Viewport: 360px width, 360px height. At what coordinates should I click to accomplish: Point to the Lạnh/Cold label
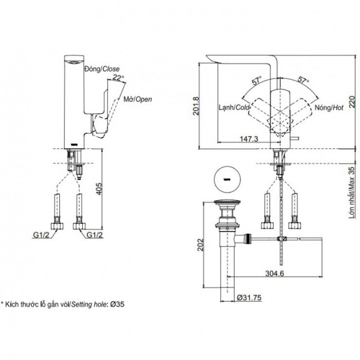click(x=233, y=108)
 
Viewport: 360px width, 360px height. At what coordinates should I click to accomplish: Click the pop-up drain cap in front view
click(x=229, y=204)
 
